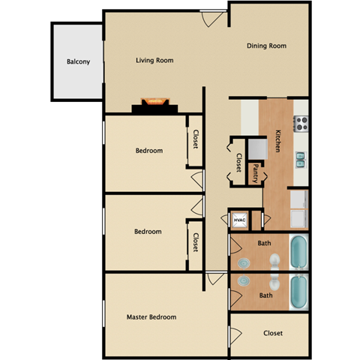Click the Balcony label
tap(78, 61)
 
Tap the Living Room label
tap(154, 60)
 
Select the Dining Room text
tap(267, 46)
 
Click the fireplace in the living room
tap(155, 102)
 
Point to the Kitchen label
tap(277, 141)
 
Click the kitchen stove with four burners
tap(301, 122)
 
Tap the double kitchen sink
tap(301, 159)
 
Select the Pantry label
tap(256, 174)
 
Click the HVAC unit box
tap(240, 220)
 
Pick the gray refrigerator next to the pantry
tap(256, 145)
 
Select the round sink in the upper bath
tap(245, 262)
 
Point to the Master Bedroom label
tap(151, 317)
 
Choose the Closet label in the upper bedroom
tap(196, 139)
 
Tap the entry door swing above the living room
tap(212, 19)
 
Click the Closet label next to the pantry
tap(238, 163)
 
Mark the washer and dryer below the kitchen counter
tap(298, 209)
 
